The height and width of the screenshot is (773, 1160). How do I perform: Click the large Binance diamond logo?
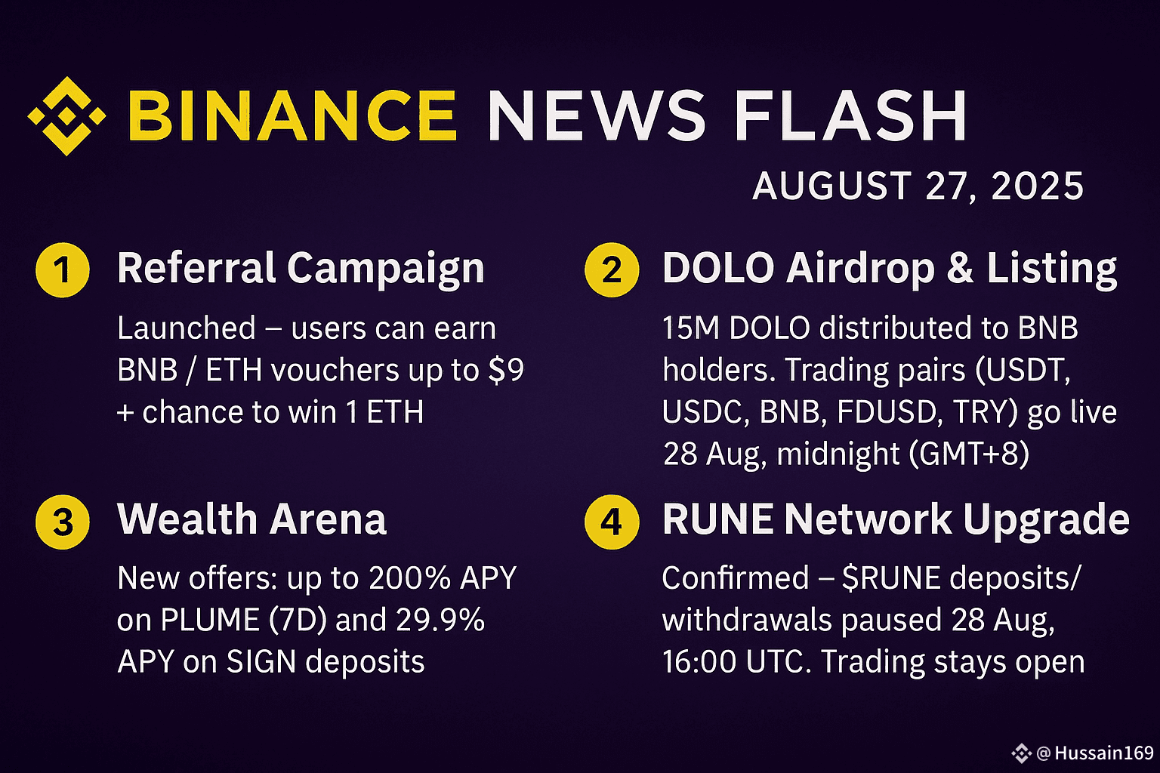66,116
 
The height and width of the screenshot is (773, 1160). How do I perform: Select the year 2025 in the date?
1037,186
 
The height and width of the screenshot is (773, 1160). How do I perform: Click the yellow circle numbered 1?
63,269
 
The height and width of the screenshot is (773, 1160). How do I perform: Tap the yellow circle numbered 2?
612,269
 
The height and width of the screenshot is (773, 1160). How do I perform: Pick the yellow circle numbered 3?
63,522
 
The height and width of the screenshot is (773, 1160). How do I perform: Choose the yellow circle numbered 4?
612,522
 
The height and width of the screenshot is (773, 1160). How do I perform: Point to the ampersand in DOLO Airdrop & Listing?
961,268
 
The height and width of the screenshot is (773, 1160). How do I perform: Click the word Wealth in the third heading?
187,519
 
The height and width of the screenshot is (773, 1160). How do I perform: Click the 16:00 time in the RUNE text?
699,662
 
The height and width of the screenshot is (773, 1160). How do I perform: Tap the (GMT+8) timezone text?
969,454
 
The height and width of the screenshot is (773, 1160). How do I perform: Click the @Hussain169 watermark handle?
1095,753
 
